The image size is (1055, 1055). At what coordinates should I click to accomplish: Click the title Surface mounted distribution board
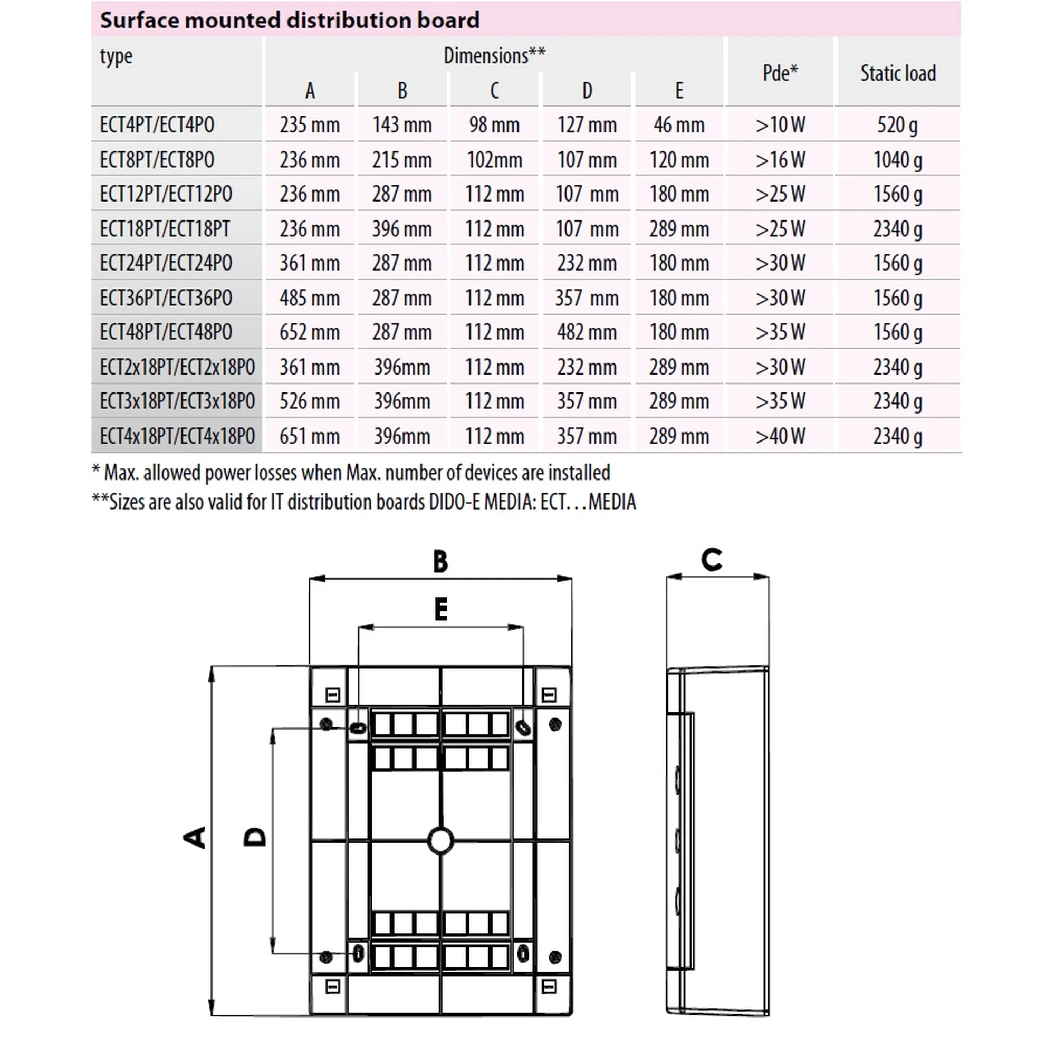[x=290, y=20]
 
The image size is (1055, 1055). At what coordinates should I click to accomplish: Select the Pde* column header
[x=780, y=73]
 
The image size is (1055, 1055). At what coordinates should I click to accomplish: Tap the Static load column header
[x=898, y=73]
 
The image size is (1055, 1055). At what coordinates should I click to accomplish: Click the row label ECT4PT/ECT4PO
[x=157, y=124]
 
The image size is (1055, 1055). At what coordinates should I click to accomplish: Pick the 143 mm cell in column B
[x=402, y=124]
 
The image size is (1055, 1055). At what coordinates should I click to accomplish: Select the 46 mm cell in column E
[x=679, y=124]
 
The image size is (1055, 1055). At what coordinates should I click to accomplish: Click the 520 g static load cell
[x=897, y=124]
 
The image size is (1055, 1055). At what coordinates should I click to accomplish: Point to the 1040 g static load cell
[x=897, y=159]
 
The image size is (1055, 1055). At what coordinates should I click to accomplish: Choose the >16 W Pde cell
[x=780, y=159]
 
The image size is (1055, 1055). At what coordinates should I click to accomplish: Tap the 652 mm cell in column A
[x=309, y=332]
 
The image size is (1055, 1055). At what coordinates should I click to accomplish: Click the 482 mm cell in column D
[x=587, y=332]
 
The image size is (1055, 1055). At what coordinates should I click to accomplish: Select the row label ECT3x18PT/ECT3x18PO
[x=177, y=401]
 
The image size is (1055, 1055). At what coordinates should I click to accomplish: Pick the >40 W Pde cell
[x=780, y=436]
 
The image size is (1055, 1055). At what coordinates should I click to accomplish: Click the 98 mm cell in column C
[x=494, y=124]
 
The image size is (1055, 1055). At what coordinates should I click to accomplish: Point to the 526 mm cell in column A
[x=309, y=401]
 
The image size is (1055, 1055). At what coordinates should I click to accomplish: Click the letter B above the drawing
[x=440, y=561]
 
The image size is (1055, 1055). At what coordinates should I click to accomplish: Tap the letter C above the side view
[x=712, y=560]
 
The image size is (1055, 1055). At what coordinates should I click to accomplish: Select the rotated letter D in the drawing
[x=254, y=837]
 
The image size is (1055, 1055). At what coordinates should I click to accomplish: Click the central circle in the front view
[x=440, y=841]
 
